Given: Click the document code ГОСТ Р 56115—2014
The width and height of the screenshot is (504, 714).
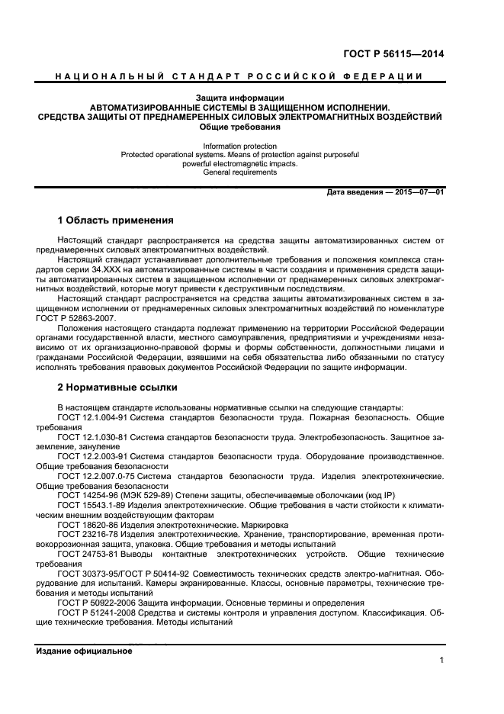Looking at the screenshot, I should pos(393,54).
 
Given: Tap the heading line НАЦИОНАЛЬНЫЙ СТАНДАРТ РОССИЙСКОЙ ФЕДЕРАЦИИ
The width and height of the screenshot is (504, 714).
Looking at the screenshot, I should pos(240,77).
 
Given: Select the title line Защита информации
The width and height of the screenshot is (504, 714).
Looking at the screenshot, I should pos(240,98).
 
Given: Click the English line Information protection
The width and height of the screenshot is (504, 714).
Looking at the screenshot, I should pos(240,146).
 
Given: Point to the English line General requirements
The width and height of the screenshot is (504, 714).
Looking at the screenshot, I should pos(240,172).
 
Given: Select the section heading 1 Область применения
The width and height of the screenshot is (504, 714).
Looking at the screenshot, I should pos(116,220).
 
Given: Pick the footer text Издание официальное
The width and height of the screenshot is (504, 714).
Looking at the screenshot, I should pos(85,651).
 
